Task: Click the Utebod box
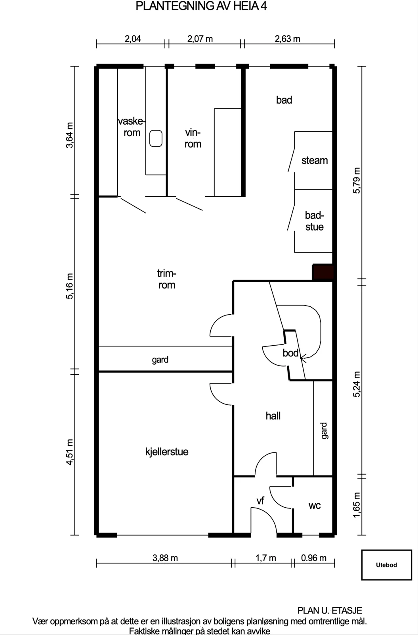pos(387,565)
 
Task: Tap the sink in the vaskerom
pos(156,139)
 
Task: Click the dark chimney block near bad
pos(323,272)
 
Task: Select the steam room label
pos(315,160)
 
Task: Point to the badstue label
pos(315,221)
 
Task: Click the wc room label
pos(315,505)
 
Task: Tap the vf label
pos(260,500)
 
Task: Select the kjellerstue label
pos(167,452)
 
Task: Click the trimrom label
pos(167,279)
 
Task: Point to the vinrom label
pos(193,138)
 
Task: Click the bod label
pos(290,353)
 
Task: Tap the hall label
pos(273,416)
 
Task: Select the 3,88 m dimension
pos(165,558)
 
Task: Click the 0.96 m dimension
pos(313,558)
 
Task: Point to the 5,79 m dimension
pos(357,181)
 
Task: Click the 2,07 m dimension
pos(200,38)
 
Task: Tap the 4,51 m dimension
pos(70,452)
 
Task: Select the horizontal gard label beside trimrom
pos(160,360)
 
